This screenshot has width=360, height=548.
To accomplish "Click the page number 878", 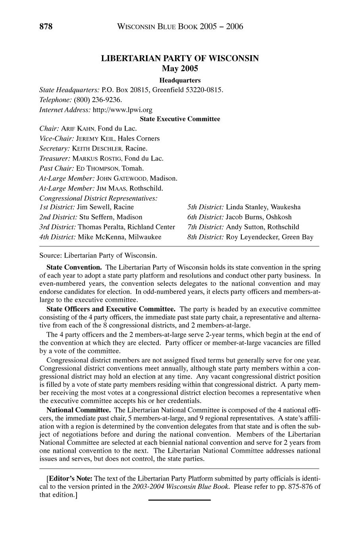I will coord(46,27).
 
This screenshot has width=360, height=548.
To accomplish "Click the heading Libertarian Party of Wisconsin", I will coord(180,58).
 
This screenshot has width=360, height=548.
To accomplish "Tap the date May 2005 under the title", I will coord(180,69).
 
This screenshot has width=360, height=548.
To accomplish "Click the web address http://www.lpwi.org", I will coord(122,109).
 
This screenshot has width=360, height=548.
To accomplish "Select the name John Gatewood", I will coord(121,178).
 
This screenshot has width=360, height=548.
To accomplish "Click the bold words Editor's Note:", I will coord(69,478).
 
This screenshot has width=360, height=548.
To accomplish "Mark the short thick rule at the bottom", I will coord(179,500).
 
